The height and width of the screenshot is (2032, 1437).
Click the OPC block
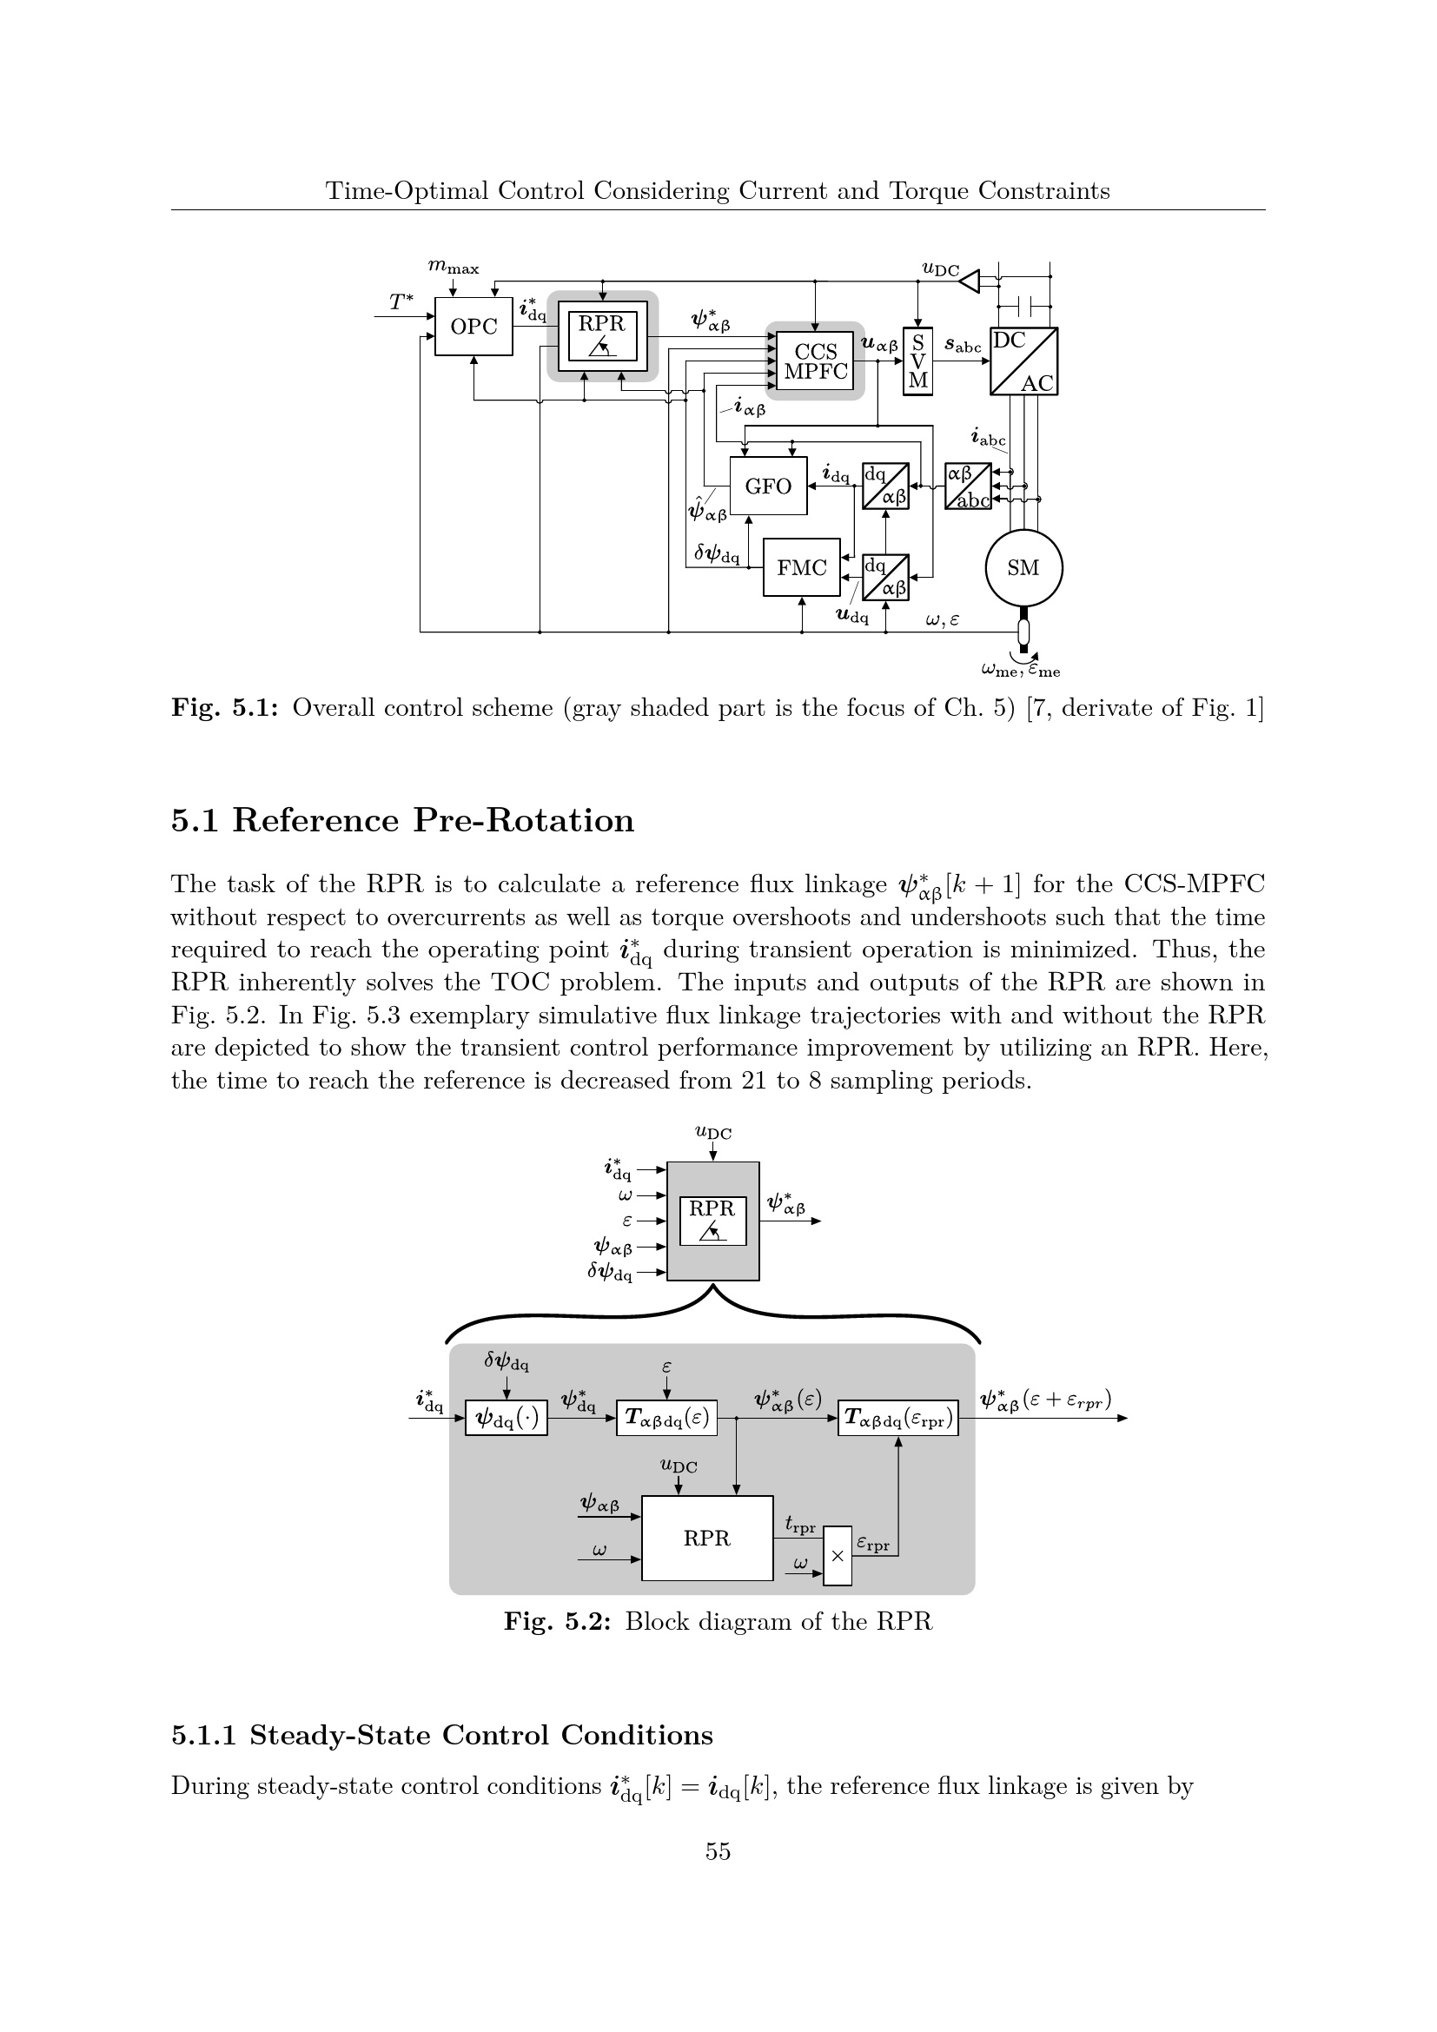[x=473, y=327]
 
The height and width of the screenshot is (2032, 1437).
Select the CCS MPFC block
[x=815, y=361]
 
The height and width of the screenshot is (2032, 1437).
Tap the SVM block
[x=917, y=361]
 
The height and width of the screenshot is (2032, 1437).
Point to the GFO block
[x=768, y=486]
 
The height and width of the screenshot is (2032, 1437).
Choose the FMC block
[x=802, y=567]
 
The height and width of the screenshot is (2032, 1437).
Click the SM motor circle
[x=1023, y=568]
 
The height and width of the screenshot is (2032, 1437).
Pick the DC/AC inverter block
[x=1023, y=361]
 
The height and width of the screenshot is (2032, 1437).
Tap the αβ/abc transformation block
[x=968, y=486]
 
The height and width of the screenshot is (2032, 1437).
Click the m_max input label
[x=453, y=267]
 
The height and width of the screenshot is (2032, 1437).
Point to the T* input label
[x=401, y=301]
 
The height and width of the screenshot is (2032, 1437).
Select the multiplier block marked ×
[x=837, y=1556]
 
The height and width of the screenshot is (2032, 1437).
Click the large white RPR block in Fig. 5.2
[x=707, y=1539]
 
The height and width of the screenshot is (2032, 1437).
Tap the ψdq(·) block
[x=507, y=1419]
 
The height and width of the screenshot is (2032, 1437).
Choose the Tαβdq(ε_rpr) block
[x=898, y=1419]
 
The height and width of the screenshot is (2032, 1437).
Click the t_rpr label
[x=800, y=1524]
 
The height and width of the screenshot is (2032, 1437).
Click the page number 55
[x=718, y=1851]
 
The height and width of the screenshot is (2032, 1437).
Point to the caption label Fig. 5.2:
[x=558, y=1621]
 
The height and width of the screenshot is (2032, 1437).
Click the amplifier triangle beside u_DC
[x=970, y=281]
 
